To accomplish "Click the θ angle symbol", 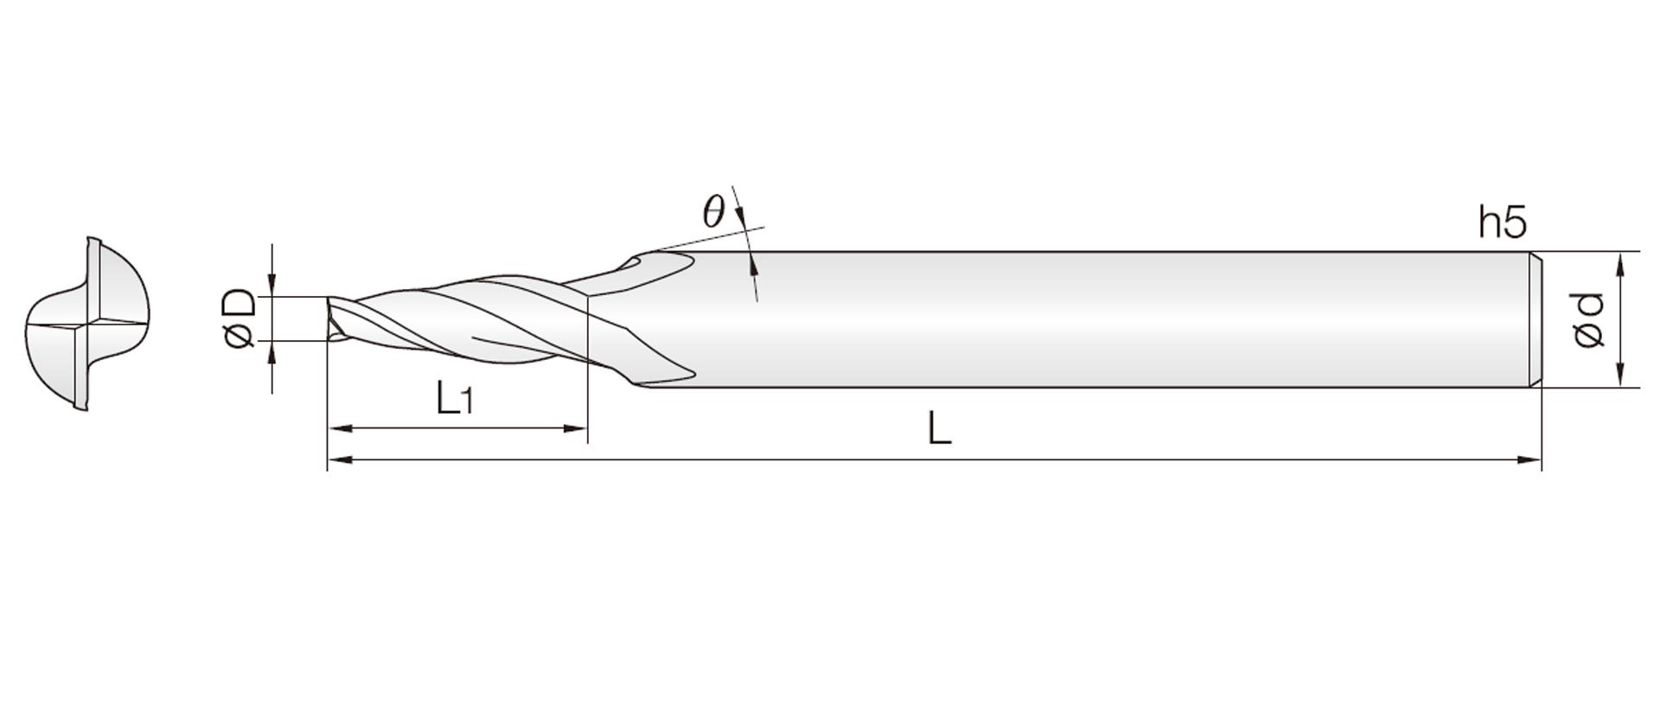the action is coord(712,211).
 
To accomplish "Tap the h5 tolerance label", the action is coord(1503,222).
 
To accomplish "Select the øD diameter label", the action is coord(239,319).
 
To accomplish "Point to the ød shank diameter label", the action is coord(1589,320).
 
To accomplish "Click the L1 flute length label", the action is coord(454,399).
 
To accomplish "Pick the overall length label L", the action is coord(940,428).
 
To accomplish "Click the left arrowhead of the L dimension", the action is coord(339,460).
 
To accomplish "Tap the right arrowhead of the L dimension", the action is coord(1529,460).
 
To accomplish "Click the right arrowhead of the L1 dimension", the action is coord(576,427).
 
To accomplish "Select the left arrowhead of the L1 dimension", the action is coord(339,427).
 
